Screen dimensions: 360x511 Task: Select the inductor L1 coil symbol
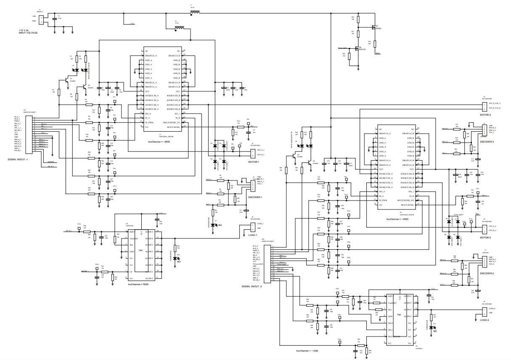click(x=195, y=13)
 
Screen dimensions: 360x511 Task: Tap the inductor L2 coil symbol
click(x=180, y=29)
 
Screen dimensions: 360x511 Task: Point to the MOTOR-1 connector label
click(x=253, y=162)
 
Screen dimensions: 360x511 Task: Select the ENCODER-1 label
click(x=255, y=197)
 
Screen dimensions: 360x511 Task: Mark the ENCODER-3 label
click(x=487, y=142)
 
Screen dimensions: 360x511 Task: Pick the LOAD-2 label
click(x=485, y=320)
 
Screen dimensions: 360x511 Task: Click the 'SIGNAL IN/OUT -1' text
click(x=18, y=159)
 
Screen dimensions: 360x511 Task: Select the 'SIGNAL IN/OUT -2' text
click(x=252, y=286)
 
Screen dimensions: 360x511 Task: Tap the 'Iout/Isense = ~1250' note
click(x=307, y=350)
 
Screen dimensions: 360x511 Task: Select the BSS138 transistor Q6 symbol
click(x=358, y=48)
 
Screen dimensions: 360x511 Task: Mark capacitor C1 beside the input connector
click(x=54, y=18)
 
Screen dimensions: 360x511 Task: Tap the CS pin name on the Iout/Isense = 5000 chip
click(x=131, y=272)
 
